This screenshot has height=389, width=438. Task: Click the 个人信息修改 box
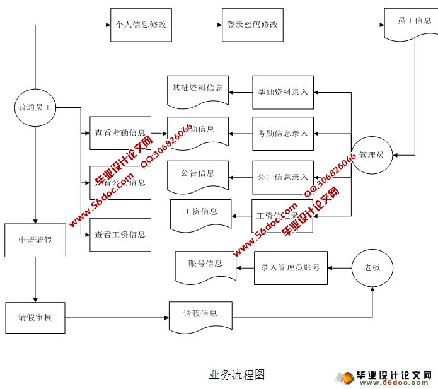tap(141, 25)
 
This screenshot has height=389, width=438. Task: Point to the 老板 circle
tap(372, 267)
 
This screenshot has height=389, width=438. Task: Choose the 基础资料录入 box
tap(282, 92)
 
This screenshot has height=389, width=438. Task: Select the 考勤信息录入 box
tap(282, 133)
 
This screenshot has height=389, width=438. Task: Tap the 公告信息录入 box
tap(282, 177)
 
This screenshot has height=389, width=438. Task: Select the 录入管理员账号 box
tap(291, 267)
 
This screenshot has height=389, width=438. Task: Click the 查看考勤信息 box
tap(120, 133)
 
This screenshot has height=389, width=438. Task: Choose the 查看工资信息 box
tap(120, 235)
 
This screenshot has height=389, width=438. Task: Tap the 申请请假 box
tap(35, 240)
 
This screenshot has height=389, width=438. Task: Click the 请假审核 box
tap(35, 318)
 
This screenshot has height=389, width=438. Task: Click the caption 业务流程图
tap(237, 375)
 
